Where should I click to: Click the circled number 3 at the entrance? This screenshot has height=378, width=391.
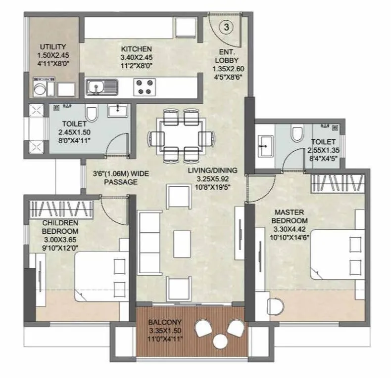coord(226,27)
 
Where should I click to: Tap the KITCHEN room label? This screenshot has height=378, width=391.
coord(136,49)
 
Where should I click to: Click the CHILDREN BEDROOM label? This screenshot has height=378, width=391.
coord(60,227)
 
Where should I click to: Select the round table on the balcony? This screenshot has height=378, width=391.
coord(218,341)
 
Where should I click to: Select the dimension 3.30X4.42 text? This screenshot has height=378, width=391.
coord(291,229)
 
